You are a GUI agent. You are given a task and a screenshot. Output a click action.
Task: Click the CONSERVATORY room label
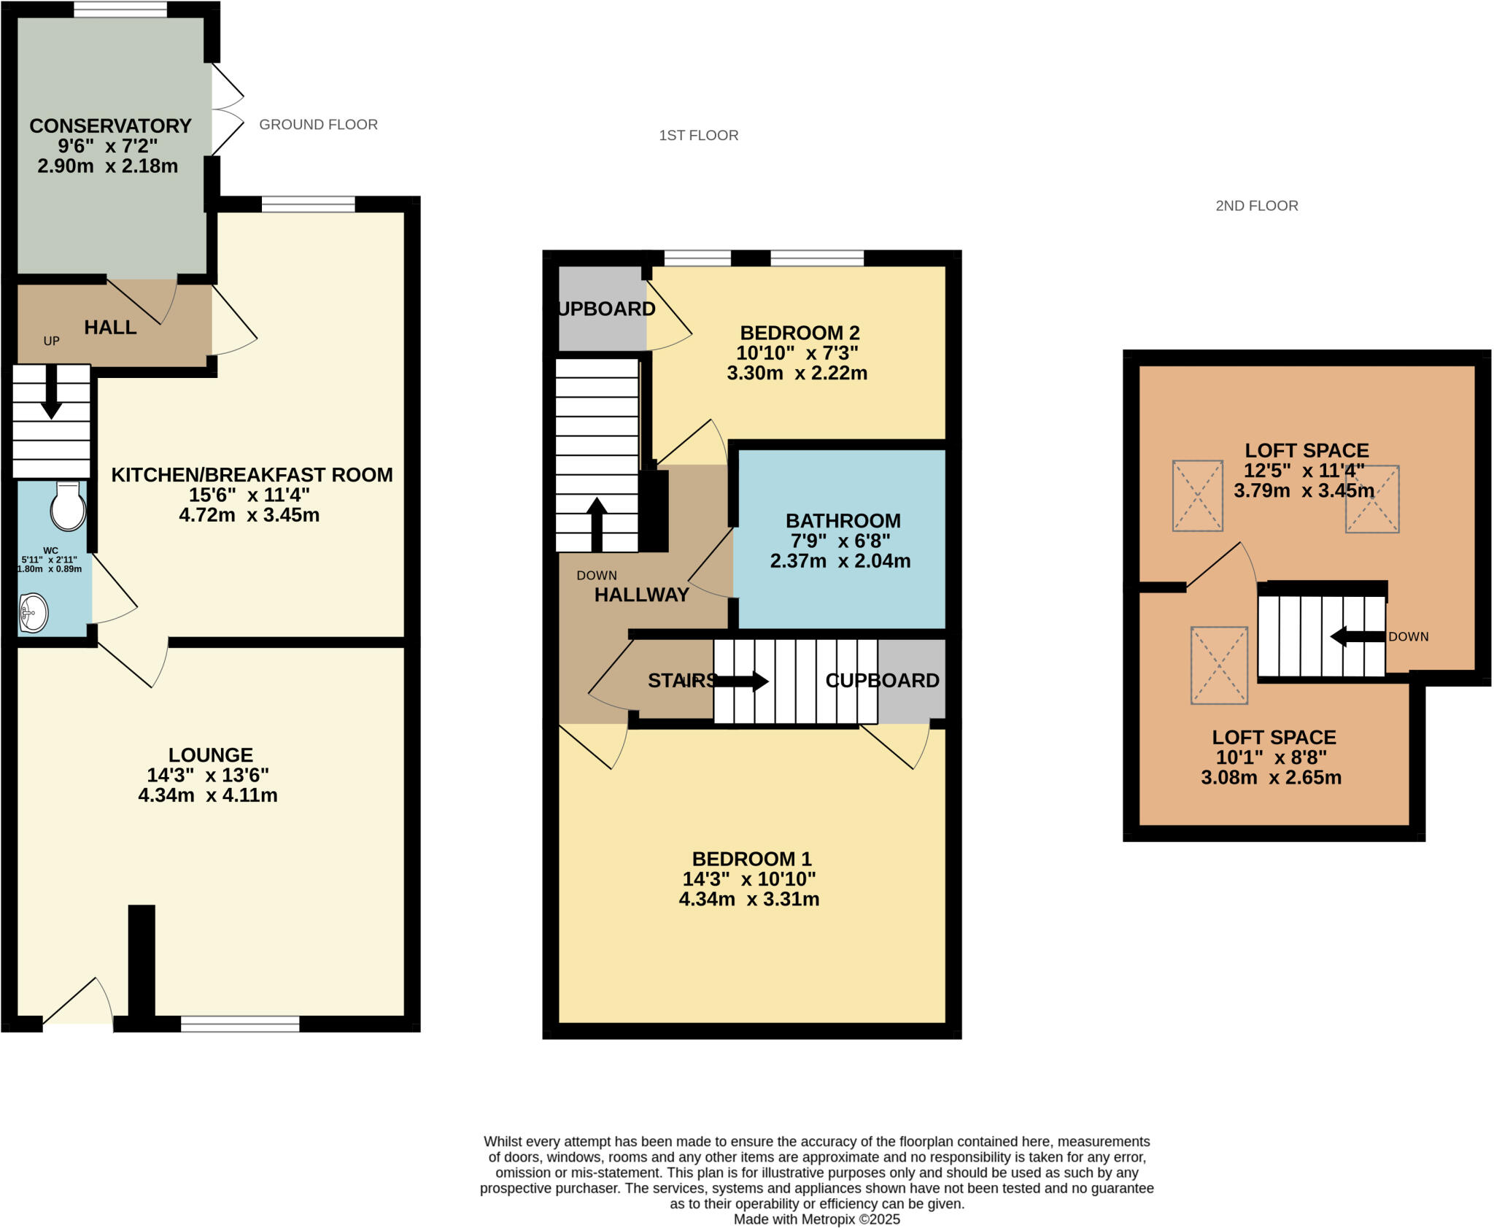(110, 126)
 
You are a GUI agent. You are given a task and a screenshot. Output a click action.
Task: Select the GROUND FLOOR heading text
(318, 125)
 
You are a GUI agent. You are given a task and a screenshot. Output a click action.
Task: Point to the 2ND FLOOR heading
(1256, 206)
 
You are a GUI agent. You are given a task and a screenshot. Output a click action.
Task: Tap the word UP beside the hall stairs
(51, 341)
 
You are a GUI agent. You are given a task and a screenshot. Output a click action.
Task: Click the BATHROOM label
(843, 521)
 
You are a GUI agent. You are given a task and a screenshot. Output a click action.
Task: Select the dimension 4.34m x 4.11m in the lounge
(208, 795)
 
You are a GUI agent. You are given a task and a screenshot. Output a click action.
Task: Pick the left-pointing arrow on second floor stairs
(1357, 636)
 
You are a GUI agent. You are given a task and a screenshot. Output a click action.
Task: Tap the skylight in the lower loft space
(1218, 665)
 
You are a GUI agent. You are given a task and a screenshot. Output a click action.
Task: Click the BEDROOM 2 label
(800, 333)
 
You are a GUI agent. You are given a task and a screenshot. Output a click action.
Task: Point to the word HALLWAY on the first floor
(641, 595)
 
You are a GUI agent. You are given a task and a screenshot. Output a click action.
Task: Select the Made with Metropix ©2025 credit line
(816, 1219)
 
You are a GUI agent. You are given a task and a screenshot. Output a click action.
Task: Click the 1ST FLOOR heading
(698, 136)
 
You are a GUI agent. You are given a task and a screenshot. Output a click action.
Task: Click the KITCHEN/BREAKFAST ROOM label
(252, 475)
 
